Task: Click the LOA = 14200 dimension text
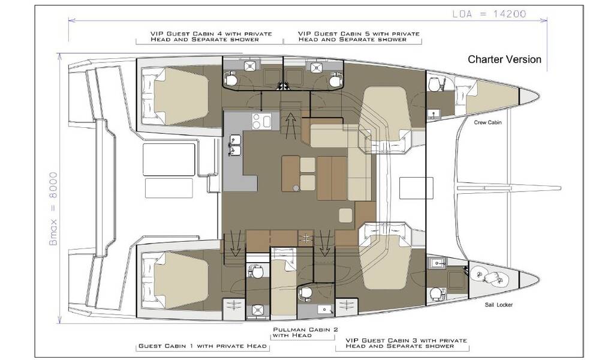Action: (x=489, y=14)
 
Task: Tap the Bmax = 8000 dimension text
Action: (x=53, y=209)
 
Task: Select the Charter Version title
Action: (x=504, y=59)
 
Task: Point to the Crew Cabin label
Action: (x=487, y=122)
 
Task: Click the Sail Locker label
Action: (x=498, y=305)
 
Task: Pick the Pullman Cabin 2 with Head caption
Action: (x=305, y=332)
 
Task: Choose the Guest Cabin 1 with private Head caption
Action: (x=203, y=346)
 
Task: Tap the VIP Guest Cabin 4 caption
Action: (x=211, y=37)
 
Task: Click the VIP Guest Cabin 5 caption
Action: (x=359, y=37)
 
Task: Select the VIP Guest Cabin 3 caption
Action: (x=406, y=343)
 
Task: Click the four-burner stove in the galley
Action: (x=262, y=121)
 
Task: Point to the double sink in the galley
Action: (x=235, y=145)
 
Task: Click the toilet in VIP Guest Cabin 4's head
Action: (x=230, y=80)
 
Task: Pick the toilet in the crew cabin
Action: (x=434, y=84)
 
